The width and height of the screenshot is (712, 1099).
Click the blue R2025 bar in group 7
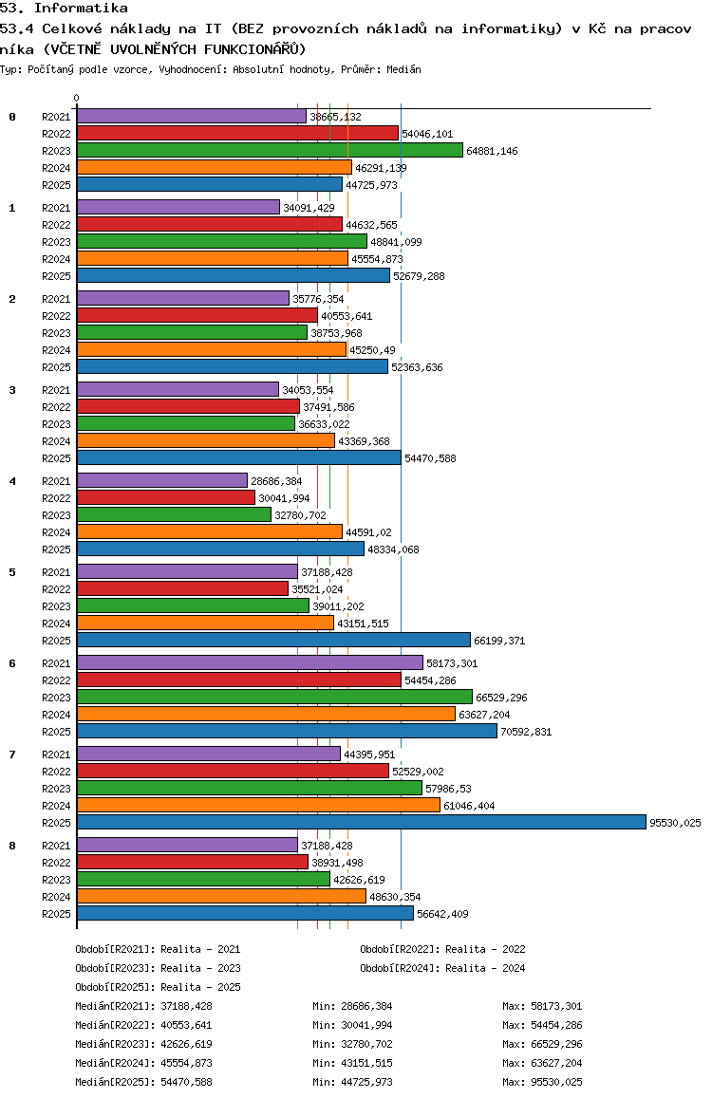(x=361, y=822)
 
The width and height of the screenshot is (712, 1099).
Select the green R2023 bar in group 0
(x=270, y=150)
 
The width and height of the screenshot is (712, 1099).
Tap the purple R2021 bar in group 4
(x=161, y=480)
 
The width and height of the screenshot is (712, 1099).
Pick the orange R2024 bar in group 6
(x=266, y=714)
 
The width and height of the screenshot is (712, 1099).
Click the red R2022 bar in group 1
(x=209, y=224)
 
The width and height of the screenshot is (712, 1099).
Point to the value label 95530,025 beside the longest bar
(x=675, y=823)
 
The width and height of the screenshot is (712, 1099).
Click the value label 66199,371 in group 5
(x=499, y=641)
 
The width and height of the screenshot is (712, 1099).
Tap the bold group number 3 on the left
(x=12, y=390)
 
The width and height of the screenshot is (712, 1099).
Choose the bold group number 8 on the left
(x=12, y=846)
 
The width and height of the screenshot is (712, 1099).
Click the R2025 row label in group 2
(x=57, y=367)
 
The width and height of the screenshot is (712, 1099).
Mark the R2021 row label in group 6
(x=57, y=663)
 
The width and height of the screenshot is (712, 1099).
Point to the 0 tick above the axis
(x=77, y=98)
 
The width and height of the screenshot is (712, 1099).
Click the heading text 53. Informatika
(x=65, y=8)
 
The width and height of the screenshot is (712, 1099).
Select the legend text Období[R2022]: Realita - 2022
(x=442, y=949)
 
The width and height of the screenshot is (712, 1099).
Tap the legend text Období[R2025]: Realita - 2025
(x=158, y=987)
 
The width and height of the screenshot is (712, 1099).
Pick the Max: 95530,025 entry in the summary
(x=542, y=1082)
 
